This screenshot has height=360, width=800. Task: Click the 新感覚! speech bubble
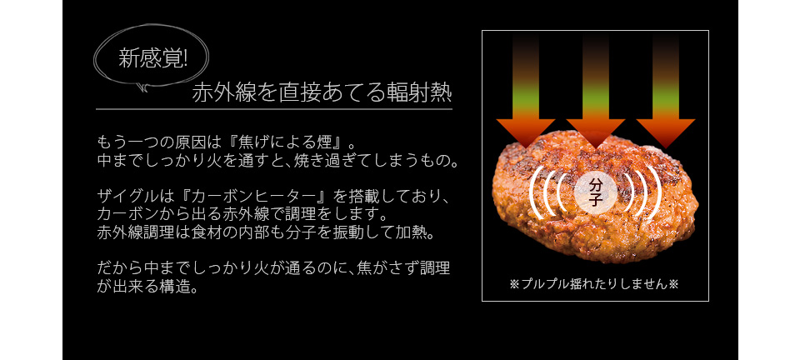click(x=151, y=58)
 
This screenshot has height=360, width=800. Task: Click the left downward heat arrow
click(x=526, y=91)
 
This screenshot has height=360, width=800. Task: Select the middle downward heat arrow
click(x=595, y=91)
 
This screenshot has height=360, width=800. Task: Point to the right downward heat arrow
click(x=665, y=91)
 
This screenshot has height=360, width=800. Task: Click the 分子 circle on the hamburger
click(x=595, y=192)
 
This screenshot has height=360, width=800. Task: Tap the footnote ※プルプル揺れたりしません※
click(x=594, y=284)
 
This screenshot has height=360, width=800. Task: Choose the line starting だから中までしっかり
click(x=273, y=268)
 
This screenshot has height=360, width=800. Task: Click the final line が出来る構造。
click(x=147, y=287)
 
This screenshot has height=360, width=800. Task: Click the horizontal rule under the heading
click(x=274, y=109)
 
